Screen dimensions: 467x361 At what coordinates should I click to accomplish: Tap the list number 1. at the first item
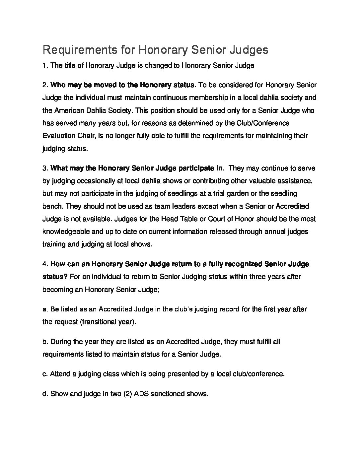pyautogui.click(x=45, y=66)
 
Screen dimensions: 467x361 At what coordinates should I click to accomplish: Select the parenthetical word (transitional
pyautogui.click(x=96, y=322)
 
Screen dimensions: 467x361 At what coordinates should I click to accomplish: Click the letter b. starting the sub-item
pyautogui.click(x=45, y=342)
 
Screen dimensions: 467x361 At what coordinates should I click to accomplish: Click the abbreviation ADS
pyautogui.click(x=141, y=394)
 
